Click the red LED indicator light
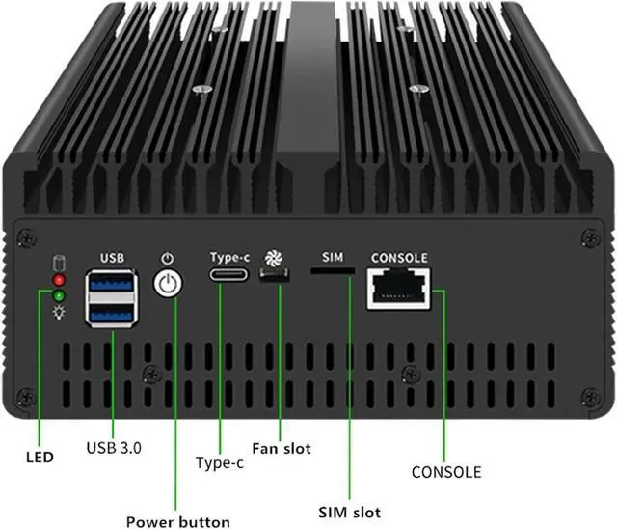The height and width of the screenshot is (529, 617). [59, 280]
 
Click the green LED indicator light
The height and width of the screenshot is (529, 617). [59, 295]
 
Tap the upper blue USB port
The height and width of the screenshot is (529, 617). [113, 285]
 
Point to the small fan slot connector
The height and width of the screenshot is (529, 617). [275, 277]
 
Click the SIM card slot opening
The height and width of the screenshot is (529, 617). [333, 273]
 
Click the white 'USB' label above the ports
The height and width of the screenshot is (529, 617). [112, 258]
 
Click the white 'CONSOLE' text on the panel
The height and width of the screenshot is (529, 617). [399, 258]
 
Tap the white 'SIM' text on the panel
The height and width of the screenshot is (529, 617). [333, 258]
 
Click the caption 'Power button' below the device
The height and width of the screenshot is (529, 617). [178, 521]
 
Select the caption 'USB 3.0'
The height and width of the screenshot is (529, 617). [114, 447]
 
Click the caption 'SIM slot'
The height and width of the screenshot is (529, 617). [349, 512]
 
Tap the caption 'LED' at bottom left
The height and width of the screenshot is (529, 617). [40, 456]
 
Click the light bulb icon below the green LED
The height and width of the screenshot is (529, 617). [59, 313]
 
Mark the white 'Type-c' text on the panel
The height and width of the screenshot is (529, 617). [229, 258]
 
